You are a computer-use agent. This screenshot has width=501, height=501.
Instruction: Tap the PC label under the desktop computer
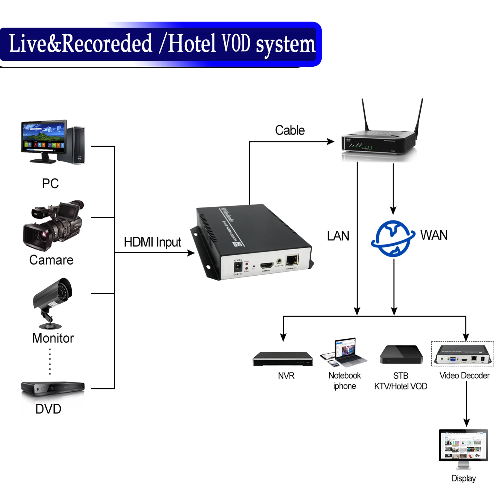click(x=50, y=184)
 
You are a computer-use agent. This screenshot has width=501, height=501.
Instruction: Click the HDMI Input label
click(x=152, y=242)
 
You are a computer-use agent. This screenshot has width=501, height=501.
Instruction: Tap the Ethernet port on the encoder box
click(x=292, y=260)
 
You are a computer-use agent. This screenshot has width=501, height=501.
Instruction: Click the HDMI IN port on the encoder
click(x=267, y=265)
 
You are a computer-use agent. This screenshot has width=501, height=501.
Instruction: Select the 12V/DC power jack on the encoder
click(x=238, y=267)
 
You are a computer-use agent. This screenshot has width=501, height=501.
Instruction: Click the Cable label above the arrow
click(x=290, y=130)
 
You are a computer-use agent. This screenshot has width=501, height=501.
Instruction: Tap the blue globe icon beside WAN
click(x=393, y=238)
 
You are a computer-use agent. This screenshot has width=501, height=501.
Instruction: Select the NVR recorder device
click(x=283, y=359)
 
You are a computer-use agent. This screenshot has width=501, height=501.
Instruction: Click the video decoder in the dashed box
click(x=463, y=354)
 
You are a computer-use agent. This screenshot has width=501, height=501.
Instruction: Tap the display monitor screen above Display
click(x=463, y=445)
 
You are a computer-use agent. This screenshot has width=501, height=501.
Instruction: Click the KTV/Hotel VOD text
click(x=401, y=386)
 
